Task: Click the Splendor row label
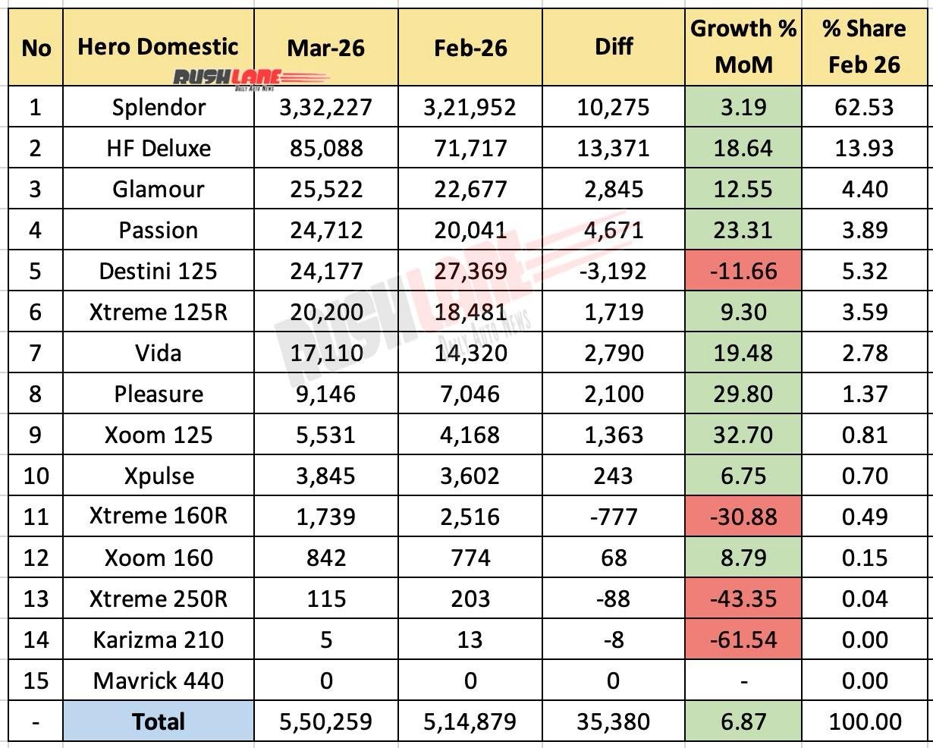[x=158, y=107]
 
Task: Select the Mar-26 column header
[x=325, y=48]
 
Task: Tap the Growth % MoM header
[x=743, y=47]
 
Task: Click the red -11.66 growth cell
[x=743, y=271]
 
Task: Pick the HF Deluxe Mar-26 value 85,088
[x=325, y=148]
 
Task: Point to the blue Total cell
[x=158, y=721]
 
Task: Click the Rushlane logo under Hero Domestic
[x=250, y=78]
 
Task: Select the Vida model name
[x=158, y=353]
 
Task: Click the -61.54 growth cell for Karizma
[x=743, y=640]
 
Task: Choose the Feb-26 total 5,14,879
[x=470, y=721]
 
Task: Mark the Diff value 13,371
[x=613, y=148]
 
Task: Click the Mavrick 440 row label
[x=158, y=680]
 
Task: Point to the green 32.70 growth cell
[x=743, y=435]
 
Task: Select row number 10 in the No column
[x=36, y=476]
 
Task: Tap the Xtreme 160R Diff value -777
[x=613, y=517]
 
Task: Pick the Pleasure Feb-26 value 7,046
[x=470, y=394]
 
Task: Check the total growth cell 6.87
[x=743, y=721]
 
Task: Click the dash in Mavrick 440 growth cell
[x=743, y=681]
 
